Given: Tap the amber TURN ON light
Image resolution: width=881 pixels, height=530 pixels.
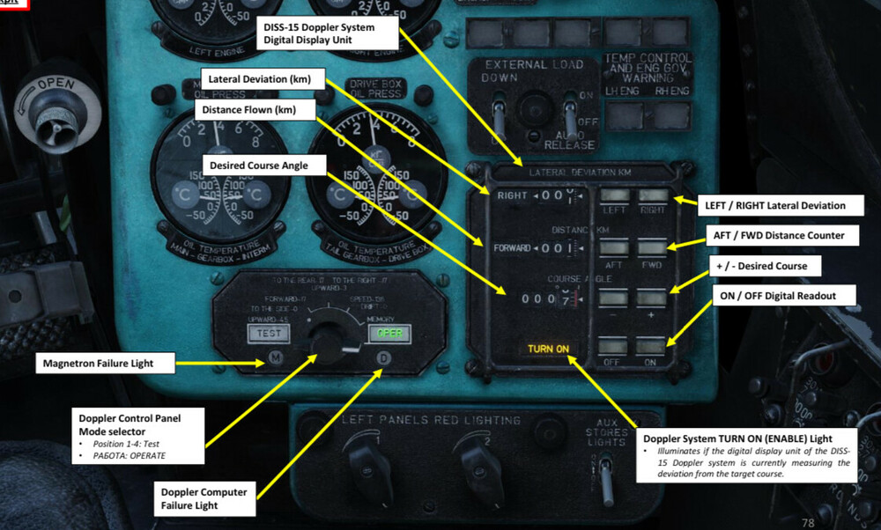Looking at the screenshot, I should [548, 350].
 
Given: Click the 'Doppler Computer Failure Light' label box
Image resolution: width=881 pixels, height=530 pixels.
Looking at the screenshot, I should [202, 497].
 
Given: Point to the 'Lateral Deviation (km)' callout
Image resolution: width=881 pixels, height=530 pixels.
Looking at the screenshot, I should [260, 78].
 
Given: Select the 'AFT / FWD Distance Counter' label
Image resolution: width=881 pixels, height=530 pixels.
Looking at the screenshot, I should [776, 235].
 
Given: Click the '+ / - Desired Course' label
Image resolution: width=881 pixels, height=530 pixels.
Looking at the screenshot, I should [759, 266].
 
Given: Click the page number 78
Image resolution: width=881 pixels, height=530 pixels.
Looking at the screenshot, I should [808, 523].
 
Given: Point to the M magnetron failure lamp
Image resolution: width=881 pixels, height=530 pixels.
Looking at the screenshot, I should [275, 358].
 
